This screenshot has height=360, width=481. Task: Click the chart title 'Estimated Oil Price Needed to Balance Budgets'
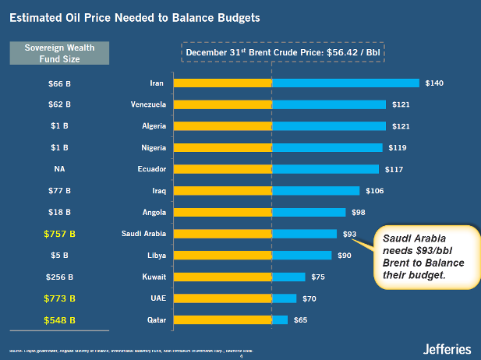tap(129, 16)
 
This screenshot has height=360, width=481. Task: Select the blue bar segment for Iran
tap(345, 83)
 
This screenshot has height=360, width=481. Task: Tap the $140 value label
tap(434, 83)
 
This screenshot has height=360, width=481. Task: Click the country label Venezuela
tap(147, 104)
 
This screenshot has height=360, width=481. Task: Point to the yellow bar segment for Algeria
tap(222, 125)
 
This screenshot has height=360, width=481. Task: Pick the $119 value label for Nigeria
tap(397, 147)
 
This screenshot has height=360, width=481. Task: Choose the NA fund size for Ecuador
tap(59, 168)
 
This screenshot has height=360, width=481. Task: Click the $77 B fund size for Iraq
tap(59, 190)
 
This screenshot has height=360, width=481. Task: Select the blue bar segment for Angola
tap(308, 212)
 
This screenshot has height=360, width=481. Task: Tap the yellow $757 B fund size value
tap(59, 233)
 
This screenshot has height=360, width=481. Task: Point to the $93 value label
tap(350, 233)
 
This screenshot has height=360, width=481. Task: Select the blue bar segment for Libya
tap(301, 255)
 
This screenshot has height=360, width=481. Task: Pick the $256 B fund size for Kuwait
tap(59, 277)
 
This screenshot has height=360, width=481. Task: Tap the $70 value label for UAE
tap(309, 298)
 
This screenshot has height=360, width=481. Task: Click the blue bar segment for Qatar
tap(279, 319)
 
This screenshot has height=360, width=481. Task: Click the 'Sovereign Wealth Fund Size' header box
tap(59, 53)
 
